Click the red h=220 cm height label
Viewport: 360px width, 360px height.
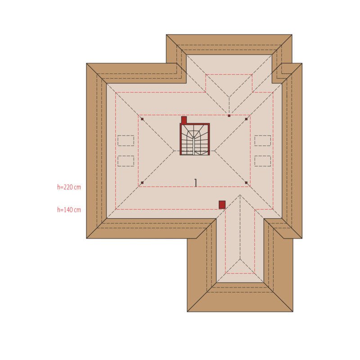(69, 187)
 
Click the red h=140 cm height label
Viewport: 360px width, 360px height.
(69, 210)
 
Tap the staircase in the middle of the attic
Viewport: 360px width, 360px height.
(195, 139)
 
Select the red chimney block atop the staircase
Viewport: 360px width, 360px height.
(184, 120)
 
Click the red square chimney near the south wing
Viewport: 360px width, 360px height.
(222, 205)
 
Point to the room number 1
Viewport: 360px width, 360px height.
(195, 183)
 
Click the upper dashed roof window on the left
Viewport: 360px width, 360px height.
(126, 140)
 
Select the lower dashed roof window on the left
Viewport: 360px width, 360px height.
(126, 161)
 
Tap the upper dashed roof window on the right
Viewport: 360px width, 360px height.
(263, 140)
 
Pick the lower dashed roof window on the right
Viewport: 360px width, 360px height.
(263, 161)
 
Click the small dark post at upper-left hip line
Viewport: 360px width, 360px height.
(142, 119)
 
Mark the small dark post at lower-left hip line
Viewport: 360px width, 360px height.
(142, 183)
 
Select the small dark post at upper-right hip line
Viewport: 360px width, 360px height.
(246, 119)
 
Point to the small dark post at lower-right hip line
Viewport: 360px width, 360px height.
(246, 183)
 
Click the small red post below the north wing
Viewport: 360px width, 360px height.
(229, 116)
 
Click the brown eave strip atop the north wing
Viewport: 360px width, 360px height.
(229, 40)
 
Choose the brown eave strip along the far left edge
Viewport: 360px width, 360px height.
(91, 151)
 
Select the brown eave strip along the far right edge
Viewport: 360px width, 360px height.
(297, 151)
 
